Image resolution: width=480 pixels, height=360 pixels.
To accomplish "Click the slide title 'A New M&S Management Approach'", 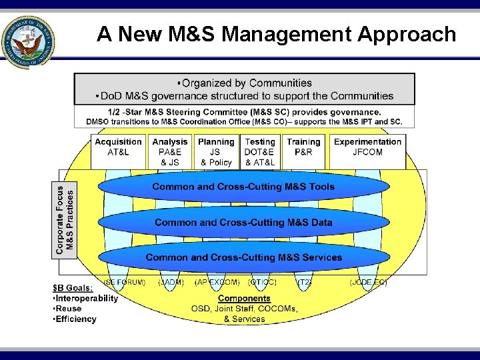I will [276, 34].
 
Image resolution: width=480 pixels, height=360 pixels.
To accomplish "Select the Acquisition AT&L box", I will [118, 148].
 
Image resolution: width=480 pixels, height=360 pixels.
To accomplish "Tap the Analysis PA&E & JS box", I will [170, 151].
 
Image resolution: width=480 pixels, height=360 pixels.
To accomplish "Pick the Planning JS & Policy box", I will [216, 151].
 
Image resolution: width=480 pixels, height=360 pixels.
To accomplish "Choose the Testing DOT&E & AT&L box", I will [260, 151].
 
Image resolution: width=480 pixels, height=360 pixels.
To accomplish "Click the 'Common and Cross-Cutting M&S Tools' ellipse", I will [243, 187].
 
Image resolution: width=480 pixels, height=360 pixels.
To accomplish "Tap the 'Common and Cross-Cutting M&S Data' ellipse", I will [243, 223].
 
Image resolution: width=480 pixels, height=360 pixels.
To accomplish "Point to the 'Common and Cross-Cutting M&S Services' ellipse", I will [243, 257].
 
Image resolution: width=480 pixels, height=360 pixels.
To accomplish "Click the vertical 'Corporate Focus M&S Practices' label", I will [65, 220].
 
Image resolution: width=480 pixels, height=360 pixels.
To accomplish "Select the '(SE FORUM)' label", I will [124, 282].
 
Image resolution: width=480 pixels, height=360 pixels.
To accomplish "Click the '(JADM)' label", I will [171, 282].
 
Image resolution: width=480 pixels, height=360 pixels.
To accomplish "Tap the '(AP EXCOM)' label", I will [217, 282].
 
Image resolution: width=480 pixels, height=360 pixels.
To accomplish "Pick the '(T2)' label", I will [304, 282].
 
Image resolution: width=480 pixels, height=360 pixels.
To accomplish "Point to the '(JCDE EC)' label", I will [368, 282].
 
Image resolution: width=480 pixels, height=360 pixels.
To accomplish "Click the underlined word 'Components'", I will [244, 299].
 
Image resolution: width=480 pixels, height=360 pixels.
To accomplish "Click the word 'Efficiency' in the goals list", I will [76, 319].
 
